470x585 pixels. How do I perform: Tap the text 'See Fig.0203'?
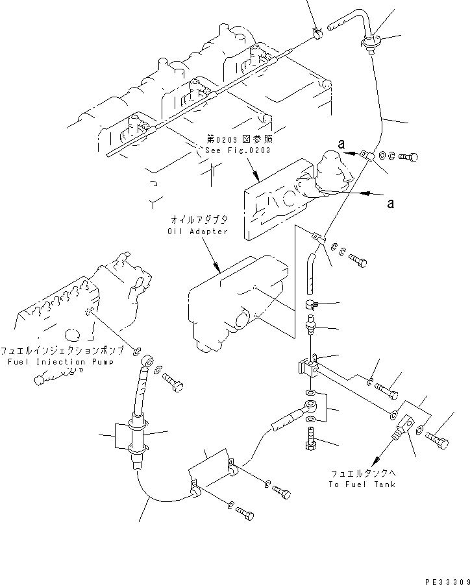(236, 150)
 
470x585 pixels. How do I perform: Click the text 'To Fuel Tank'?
(362, 484)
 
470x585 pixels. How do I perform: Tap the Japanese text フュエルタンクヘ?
(362, 473)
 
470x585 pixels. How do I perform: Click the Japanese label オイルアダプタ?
(197, 221)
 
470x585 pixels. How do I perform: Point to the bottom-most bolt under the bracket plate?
(244, 514)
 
